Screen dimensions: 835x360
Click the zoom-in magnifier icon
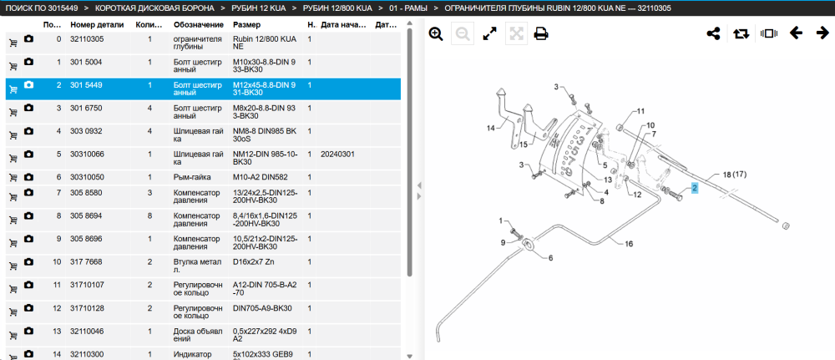click(436, 34)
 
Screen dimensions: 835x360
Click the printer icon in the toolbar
click(541, 34)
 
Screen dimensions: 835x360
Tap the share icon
click(713, 33)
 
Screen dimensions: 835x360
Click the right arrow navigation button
click(822, 33)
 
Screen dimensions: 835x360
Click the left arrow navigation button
click(796, 33)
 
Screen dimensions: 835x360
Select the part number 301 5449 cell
click(86, 85)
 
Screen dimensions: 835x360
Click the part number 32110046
click(87, 331)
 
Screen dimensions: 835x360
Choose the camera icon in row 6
click(28, 176)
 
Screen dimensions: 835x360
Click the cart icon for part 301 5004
click(13, 66)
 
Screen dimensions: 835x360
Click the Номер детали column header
click(97, 25)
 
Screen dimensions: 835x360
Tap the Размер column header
click(247, 25)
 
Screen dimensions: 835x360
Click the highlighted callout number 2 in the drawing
click(695, 188)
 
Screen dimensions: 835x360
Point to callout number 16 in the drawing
click(629, 244)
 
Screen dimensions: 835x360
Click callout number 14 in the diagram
click(491, 128)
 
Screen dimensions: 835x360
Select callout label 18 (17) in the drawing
click(733, 174)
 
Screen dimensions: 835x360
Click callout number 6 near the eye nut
click(550, 257)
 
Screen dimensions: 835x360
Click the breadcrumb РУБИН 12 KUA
click(258, 8)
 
